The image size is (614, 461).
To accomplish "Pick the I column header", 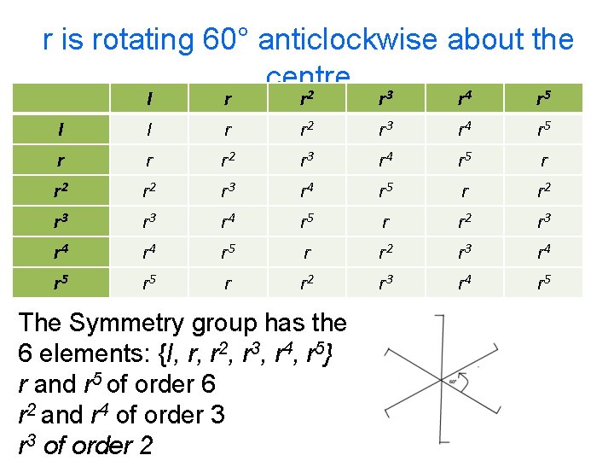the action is click(150, 99).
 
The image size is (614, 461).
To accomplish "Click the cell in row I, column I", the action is click(150, 130).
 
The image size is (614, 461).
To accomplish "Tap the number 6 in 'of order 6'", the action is click(208, 385).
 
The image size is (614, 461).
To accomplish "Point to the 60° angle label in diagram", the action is click(452, 382).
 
